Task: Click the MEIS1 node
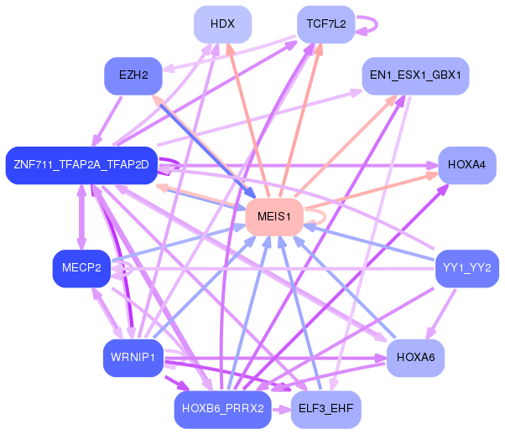(274, 217)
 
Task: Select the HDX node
(222, 24)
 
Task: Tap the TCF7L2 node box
(326, 24)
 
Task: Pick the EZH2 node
(133, 76)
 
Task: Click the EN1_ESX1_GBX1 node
(415, 76)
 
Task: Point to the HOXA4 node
(467, 165)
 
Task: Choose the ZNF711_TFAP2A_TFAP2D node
(81, 165)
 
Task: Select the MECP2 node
(81, 268)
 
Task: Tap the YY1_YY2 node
(467, 268)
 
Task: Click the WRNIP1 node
(133, 358)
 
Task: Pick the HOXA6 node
(415, 358)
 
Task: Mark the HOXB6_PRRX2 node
(222, 410)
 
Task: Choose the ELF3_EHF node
(326, 410)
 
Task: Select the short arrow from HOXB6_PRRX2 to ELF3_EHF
(281, 410)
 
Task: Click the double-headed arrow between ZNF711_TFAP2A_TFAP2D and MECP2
(81, 217)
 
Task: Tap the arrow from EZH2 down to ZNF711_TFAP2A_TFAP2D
(107, 121)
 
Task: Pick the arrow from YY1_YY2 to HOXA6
(441, 314)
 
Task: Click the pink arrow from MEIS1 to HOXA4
(372, 191)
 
